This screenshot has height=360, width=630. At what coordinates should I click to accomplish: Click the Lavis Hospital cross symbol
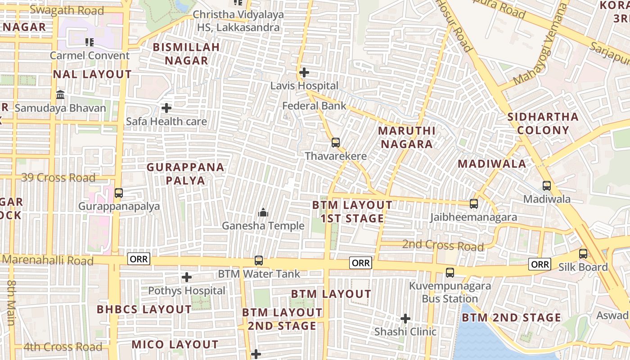point(304,72)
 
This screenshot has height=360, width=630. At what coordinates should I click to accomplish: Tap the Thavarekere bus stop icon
point(336,143)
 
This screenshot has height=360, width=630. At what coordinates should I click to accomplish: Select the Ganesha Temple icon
point(263,212)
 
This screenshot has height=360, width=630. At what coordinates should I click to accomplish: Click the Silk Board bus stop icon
point(583,254)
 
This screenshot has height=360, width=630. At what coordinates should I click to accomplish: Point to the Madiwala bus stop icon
point(547,185)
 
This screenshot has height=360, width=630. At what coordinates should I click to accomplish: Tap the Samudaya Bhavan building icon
point(60,95)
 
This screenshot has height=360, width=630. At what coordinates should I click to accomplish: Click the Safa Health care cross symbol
point(166,108)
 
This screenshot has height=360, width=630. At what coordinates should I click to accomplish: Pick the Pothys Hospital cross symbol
point(187,277)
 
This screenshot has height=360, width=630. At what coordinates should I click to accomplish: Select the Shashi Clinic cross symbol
point(405,319)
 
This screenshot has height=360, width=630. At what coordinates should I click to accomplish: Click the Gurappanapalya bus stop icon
point(119,193)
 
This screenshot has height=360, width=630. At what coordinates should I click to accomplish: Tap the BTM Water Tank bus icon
point(259,261)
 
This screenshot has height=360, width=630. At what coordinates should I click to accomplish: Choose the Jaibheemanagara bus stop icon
point(474,204)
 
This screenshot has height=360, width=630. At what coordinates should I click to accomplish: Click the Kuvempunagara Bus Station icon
point(450,272)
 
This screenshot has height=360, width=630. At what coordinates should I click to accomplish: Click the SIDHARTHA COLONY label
point(543,124)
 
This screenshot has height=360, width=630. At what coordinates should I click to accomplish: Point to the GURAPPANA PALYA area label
point(185,174)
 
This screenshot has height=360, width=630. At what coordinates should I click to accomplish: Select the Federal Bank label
point(314,106)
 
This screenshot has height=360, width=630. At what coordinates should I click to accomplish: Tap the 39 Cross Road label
point(58,178)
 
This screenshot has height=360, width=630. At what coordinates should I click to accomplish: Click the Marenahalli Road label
point(48,261)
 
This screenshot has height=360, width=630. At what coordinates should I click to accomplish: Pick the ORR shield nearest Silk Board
point(540,264)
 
